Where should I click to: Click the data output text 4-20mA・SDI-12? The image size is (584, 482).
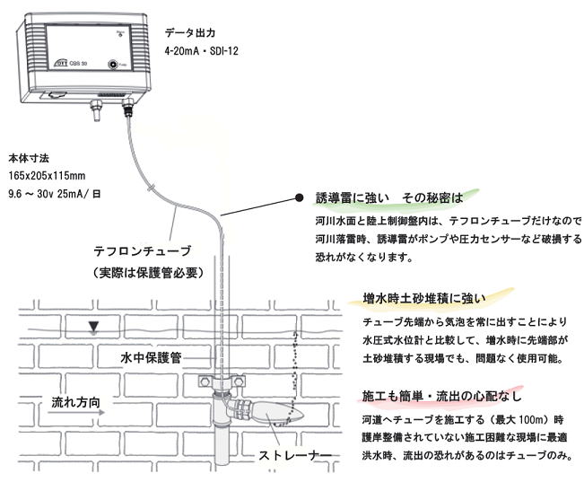click(x=202, y=51)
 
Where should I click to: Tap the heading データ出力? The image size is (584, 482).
click(x=190, y=33)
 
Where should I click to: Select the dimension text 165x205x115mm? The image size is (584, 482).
click(x=47, y=176)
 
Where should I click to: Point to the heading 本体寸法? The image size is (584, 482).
click(x=29, y=158)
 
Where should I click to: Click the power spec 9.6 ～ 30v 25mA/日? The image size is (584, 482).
click(x=55, y=194)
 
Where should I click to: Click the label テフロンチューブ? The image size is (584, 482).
click(x=143, y=250)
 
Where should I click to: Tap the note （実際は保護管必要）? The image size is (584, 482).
click(x=148, y=273)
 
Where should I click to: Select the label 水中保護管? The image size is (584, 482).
click(x=151, y=357)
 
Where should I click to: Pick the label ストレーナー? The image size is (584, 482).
click(x=295, y=456)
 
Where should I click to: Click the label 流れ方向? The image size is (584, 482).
click(x=75, y=402)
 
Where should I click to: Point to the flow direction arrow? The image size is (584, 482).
click(x=76, y=412)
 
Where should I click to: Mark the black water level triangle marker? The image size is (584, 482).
click(x=93, y=327)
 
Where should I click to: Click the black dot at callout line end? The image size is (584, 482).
click(x=299, y=197)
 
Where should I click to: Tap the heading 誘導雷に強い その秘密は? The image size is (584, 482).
click(x=389, y=197)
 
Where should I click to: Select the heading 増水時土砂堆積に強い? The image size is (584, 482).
click(x=424, y=298)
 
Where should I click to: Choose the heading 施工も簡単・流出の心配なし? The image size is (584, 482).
click(x=441, y=396)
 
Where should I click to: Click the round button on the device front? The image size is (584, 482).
click(x=113, y=65)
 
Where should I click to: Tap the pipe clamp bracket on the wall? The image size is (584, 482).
click(x=222, y=381)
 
